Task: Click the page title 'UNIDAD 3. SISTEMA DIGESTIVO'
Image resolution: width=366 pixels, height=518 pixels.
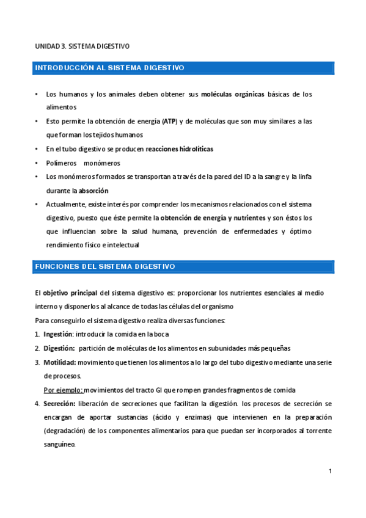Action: coord(82,46)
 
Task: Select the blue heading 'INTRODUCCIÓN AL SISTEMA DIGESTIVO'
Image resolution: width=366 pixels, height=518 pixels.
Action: coord(109,68)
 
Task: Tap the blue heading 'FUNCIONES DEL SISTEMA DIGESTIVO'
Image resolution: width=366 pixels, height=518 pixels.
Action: coord(105,267)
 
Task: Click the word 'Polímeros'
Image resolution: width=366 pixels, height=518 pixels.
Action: coord(61,163)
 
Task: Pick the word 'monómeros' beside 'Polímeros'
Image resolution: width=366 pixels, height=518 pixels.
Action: coord(103,163)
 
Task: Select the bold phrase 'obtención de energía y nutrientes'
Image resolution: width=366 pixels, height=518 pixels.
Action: coord(213,217)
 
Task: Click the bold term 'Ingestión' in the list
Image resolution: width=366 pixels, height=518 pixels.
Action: coord(57,334)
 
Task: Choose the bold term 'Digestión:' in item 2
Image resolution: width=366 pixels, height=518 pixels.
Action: coord(59,348)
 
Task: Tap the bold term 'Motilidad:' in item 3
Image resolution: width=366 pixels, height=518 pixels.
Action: coord(59,362)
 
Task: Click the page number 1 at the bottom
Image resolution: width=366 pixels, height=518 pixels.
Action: coord(330,471)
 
